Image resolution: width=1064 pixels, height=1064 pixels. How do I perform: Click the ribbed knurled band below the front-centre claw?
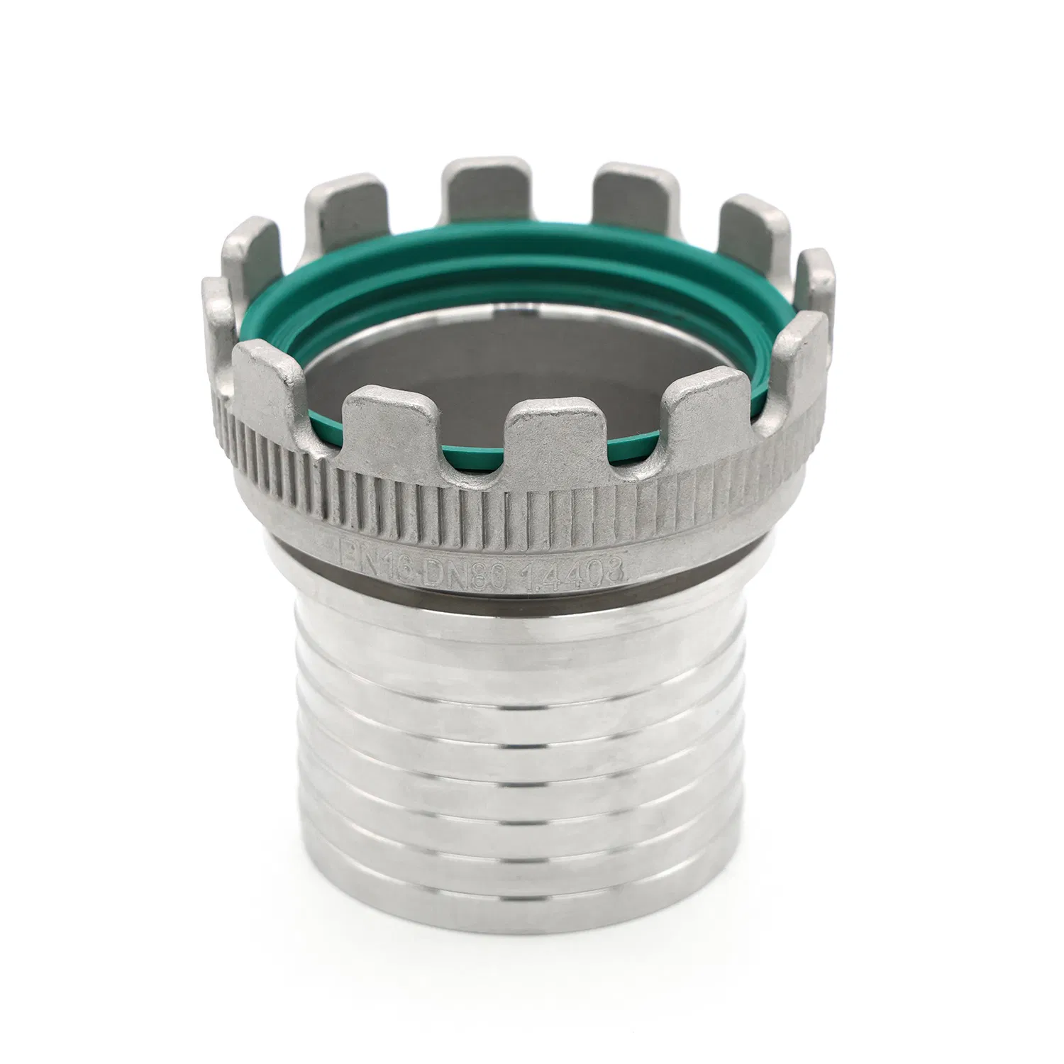(550, 497)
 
